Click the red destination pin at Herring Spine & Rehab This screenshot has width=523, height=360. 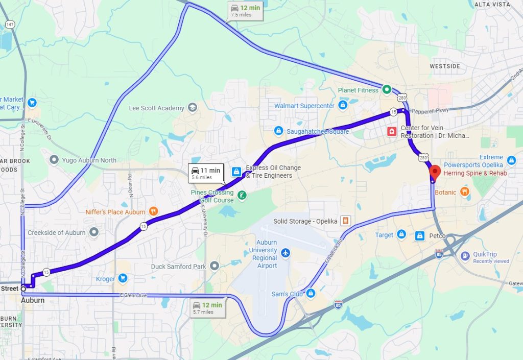coord(435,172)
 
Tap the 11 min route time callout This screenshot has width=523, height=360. coord(206,173)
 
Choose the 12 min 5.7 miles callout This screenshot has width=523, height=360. coord(208,308)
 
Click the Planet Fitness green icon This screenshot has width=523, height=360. coord(387,90)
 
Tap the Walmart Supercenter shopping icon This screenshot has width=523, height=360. coord(343,106)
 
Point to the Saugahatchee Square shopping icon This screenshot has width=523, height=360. coord(278,131)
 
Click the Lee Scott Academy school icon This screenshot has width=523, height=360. coord(193,108)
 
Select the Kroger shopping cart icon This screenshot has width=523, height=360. coord(123,279)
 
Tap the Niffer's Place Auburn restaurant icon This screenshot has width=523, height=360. coord(153,211)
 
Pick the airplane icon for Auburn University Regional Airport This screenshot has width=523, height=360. coord(286,253)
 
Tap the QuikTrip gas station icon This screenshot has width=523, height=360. coord(465,256)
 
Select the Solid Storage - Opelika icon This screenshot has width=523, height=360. coord(346,221)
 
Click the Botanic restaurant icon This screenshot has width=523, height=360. coord(464,192)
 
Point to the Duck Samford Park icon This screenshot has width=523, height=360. coord(215,266)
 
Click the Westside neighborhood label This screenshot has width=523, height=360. coord(444,66)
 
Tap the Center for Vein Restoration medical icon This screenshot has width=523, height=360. coord(392,132)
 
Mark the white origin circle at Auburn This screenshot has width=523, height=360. coord(23,289)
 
